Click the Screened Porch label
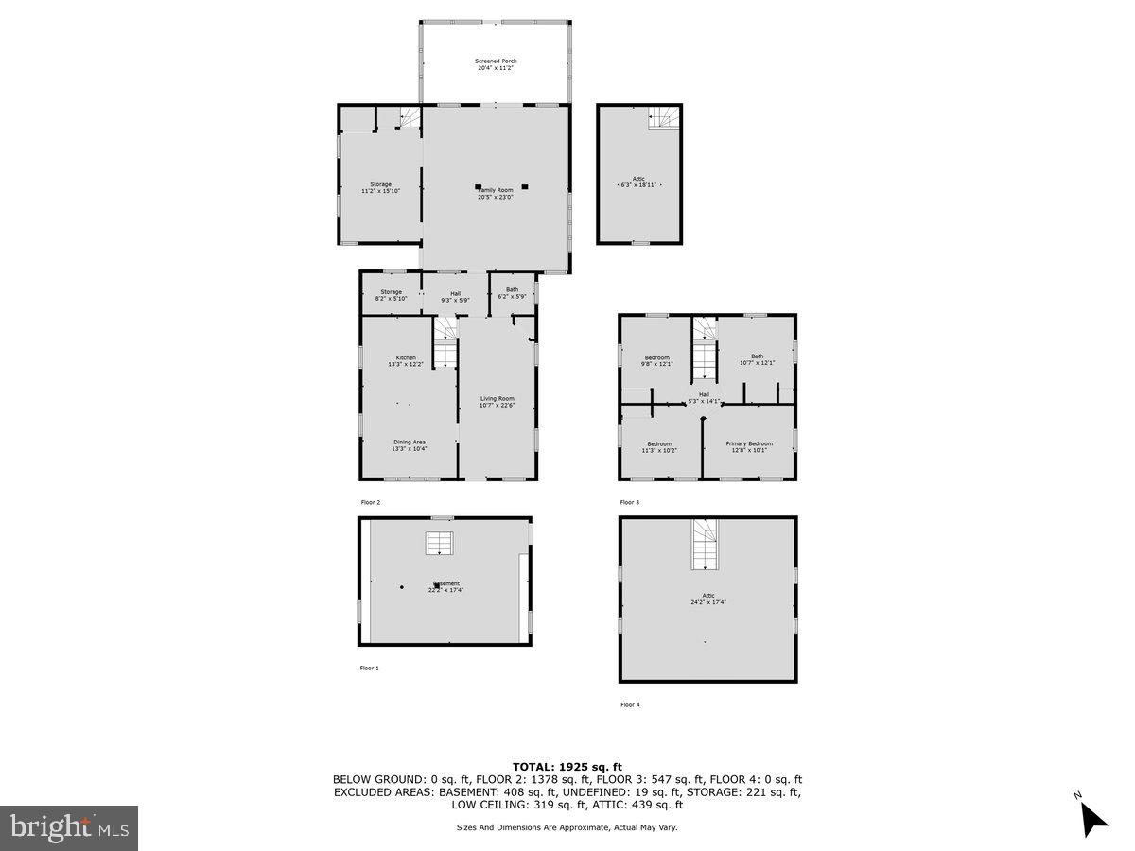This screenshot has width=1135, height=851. tap(496, 64)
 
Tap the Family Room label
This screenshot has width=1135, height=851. tap(495, 193)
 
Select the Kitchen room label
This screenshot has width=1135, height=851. tap(406, 360)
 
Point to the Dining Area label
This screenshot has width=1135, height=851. tap(410, 444)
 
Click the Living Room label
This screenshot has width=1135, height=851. tap(497, 402)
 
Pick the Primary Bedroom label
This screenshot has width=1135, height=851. tap(749, 446)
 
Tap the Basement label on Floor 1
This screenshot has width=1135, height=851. tap(445, 586)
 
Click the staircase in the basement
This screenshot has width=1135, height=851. tap(437, 544)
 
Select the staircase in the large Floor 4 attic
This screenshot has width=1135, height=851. tap(705, 545)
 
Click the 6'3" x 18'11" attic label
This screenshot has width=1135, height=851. tap(639, 182)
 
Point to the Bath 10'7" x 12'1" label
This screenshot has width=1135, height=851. tap(757, 359)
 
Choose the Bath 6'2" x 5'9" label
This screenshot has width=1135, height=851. tap(512, 293)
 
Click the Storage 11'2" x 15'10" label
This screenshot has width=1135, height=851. tap(380, 187)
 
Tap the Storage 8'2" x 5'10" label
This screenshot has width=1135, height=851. tap(391, 295)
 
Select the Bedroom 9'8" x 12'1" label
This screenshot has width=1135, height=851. tap(657, 360)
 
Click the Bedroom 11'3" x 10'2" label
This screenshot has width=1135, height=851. tap(659, 446)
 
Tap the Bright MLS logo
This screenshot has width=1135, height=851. tap(69, 828)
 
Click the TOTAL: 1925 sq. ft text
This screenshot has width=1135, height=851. tap(567, 767)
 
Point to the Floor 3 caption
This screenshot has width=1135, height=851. tap(630, 502)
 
